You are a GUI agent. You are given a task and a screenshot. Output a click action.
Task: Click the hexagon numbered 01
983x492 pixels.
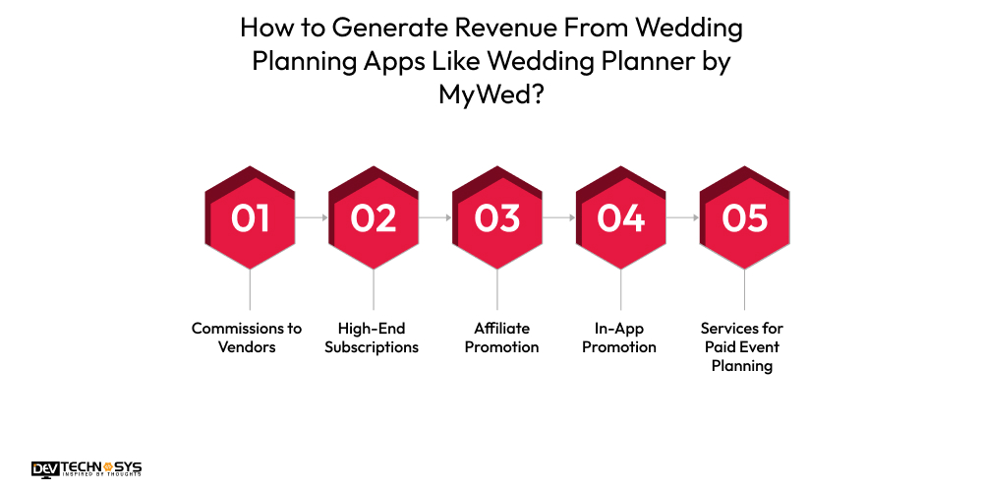250,217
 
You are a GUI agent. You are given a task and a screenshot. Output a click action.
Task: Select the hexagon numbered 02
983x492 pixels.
374,217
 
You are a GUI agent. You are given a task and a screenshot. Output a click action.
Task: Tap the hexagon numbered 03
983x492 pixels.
497,217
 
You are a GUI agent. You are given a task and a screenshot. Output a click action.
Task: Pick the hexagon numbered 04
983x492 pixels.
621,217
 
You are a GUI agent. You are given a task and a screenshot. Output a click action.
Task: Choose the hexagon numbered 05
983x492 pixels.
744,217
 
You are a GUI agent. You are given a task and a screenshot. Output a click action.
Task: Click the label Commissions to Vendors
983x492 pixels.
247,338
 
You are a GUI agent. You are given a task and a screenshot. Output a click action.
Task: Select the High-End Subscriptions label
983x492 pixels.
372,338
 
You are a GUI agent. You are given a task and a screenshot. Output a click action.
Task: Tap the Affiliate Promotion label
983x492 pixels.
501,338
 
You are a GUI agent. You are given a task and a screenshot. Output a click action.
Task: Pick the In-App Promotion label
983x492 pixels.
619,338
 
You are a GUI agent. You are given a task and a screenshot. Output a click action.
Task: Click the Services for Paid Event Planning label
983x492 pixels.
742,346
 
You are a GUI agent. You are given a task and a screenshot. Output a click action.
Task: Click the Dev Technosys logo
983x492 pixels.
87,469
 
